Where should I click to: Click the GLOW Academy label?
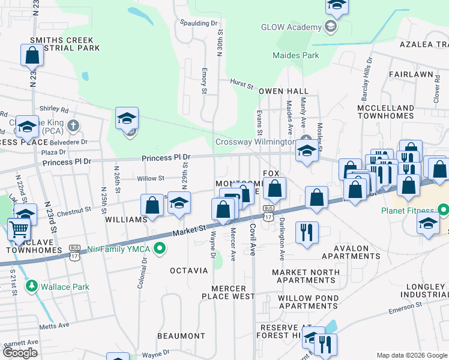[x=291, y=28]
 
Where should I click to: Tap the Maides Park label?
[x=296, y=55]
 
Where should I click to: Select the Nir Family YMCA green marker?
[x=160, y=248]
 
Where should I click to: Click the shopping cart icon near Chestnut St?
[x=19, y=229]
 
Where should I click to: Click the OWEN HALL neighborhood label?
[x=283, y=91]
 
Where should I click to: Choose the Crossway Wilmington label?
[x=255, y=142]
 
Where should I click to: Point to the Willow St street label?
[x=151, y=178]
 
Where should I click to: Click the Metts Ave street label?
[x=55, y=325]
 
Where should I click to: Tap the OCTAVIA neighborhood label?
[x=188, y=271]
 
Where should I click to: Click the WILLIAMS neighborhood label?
[x=126, y=220]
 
